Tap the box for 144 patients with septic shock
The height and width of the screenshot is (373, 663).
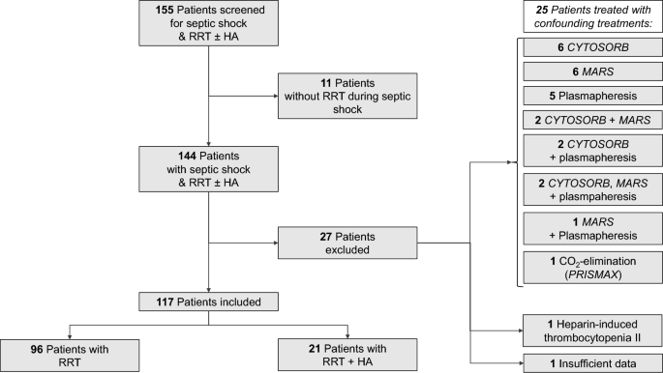(208, 170)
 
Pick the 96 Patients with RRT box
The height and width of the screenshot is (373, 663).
(68, 351)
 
